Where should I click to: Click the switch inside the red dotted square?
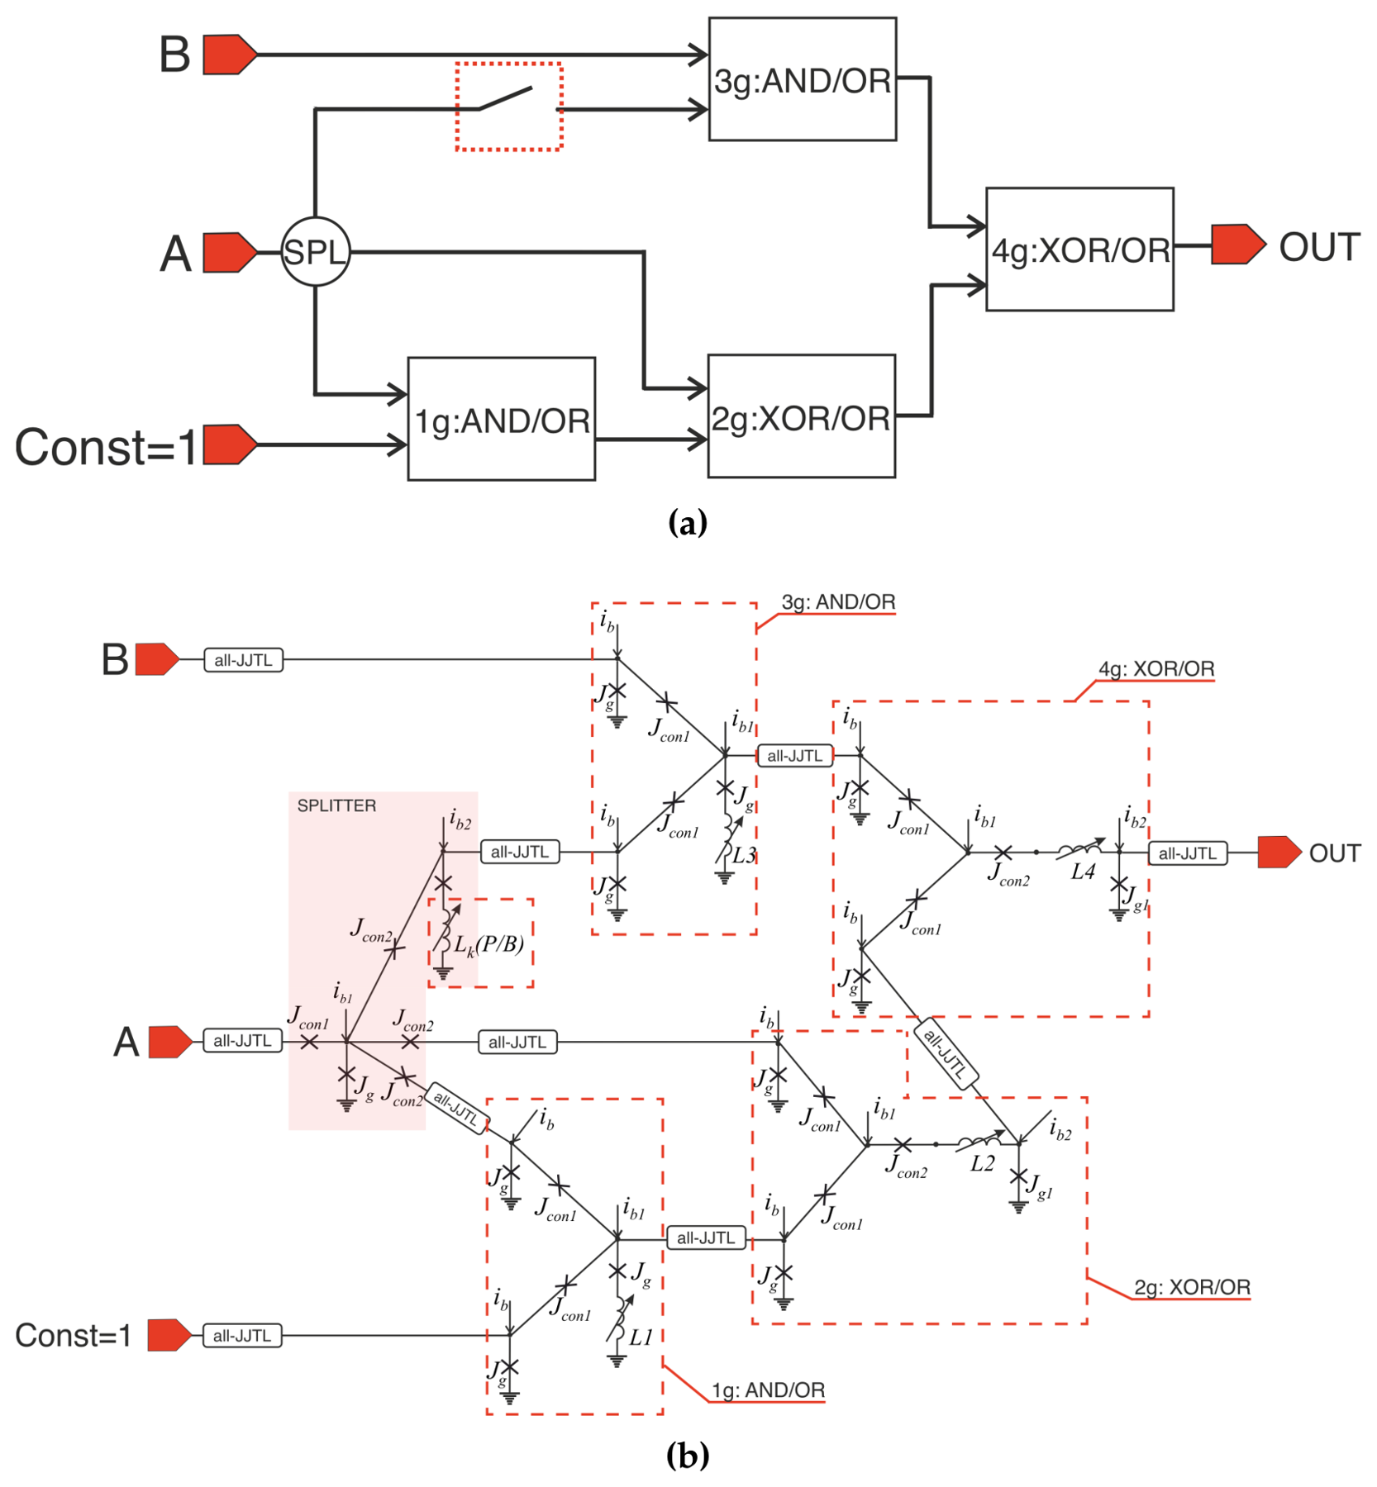click(506, 98)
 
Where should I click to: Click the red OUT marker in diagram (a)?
click(1238, 245)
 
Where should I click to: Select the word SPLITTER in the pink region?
click(336, 805)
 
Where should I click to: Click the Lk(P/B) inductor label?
click(488, 944)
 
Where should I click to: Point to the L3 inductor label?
click(745, 856)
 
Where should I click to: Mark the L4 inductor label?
click(1083, 872)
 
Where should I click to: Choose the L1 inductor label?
click(641, 1337)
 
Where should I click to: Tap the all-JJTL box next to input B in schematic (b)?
click(244, 660)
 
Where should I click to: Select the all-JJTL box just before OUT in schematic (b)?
click(1188, 853)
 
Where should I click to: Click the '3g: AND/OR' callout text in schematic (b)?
click(838, 602)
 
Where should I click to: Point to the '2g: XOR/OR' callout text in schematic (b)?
click(1192, 1287)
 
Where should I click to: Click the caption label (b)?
click(688, 1455)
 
